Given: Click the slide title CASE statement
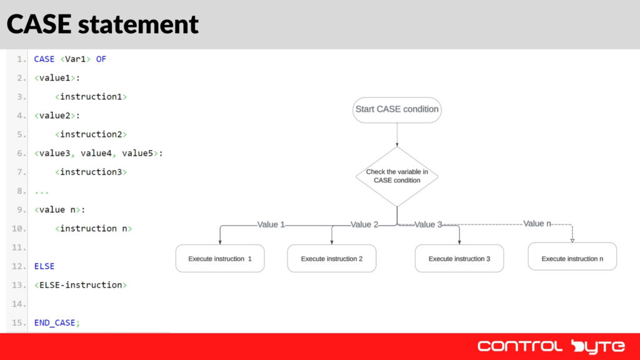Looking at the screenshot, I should (102, 24).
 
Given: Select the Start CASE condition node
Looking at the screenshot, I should (397, 109).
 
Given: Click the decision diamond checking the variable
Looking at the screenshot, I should (397, 176).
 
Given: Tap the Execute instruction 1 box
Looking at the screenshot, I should (220, 259).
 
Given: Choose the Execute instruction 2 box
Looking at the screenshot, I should (331, 259).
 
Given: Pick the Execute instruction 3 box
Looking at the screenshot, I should (459, 259).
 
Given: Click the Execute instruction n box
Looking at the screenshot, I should (572, 258).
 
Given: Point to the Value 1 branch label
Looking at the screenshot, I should (271, 224).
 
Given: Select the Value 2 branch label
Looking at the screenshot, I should (364, 224).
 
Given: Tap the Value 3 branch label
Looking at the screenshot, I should (428, 224).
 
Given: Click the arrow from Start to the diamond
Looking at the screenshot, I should (397, 134).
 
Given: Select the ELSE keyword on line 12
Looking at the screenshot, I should (44, 266).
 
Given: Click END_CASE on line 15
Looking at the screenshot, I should (57, 322).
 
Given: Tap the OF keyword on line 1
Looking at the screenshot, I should (101, 59).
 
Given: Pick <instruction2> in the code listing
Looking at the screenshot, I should (91, 134).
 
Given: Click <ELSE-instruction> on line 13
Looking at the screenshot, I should (81, 285).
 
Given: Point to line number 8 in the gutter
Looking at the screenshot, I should (21, 191).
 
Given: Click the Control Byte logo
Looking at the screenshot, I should (551, 346).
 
